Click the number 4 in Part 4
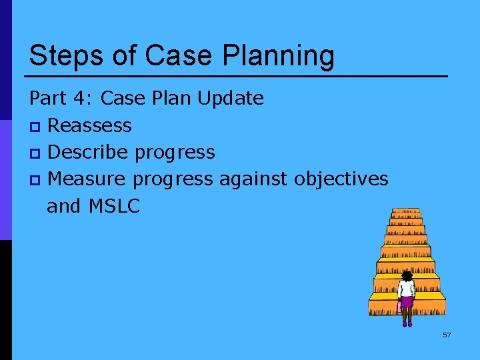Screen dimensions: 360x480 pyautogui.click(x=84, y=99)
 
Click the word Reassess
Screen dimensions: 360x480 pyautogui.click(x=90, y=125)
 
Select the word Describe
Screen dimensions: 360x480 pyautogui.click(x=89, y=152)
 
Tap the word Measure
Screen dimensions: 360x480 pyautogui.click(x=88, y=179)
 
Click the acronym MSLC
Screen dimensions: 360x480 pyautogui.click(x=113, y=207)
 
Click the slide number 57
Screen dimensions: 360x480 pyautogui.click(x=447, y=335)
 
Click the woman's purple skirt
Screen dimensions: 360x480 pyautogui.click(x=407, y=302)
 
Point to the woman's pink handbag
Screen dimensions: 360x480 pyautogui.click(x=399, y=307)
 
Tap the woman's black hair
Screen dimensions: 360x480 pyautogui.click(x=407, y=275)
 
